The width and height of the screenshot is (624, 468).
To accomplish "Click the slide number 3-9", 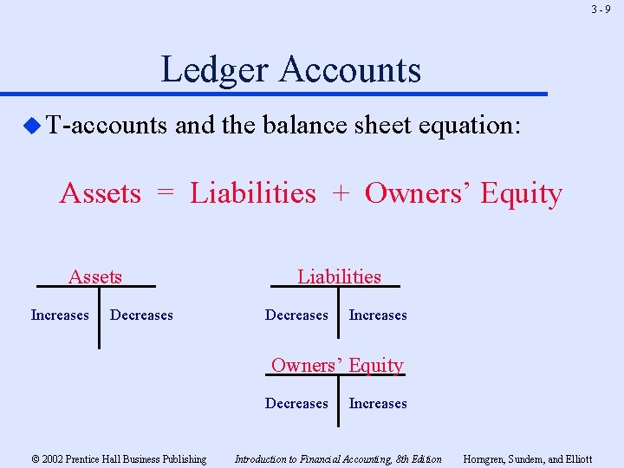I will pyautogui.click(x=601, y=10).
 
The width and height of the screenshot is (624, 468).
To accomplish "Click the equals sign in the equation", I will pyautogui.click(x=166, y=193).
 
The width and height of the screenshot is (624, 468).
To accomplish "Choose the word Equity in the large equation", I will pyautogui.click(x=521, y=194).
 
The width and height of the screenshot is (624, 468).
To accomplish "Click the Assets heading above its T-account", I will pyautogui.click(x=95, y=277).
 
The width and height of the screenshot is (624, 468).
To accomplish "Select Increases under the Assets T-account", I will pyautogui.click(x=60, y=315).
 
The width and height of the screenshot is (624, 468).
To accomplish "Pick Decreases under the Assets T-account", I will pyautogui.click(x=141, y=315).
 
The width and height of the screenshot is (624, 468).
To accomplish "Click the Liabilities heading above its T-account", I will pyautogui.click(x=339, y=276).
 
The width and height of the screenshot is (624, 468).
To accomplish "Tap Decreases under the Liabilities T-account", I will pyautogui.click(x=296, y=315).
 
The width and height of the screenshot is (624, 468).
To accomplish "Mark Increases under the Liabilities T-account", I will pyautogui.click(x=378, y=315).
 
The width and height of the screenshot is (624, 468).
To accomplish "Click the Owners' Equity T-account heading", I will pyautogui.click(x=337, y=365).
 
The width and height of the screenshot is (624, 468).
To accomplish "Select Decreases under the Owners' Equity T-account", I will pyautogui.click(x=296, y=404).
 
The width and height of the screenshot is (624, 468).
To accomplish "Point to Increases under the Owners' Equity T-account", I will pyautogui.click(x=378, y=404).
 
